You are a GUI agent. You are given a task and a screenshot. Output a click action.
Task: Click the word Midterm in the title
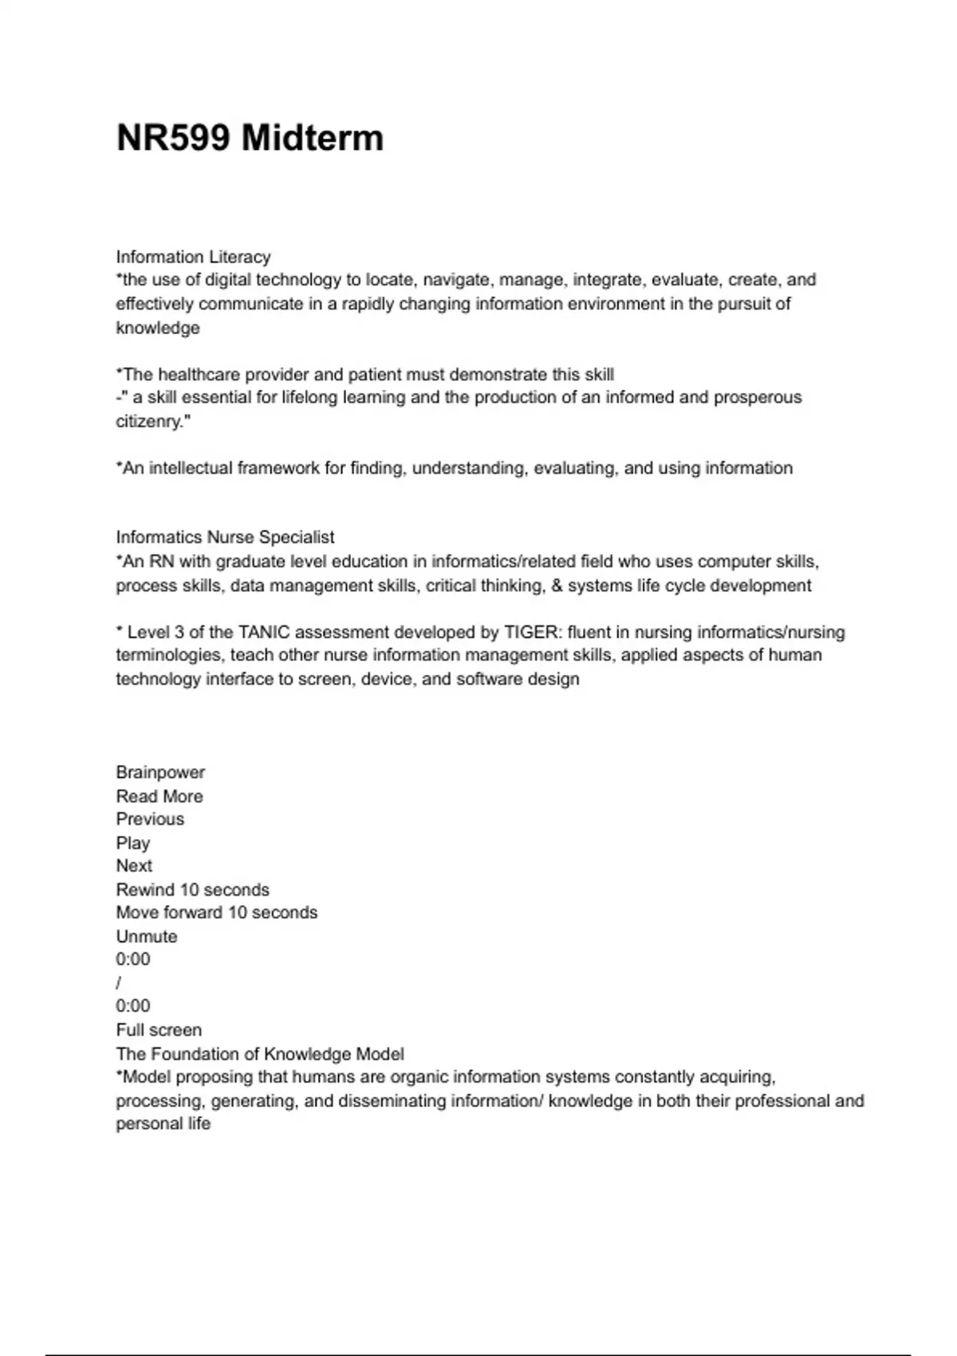click(312, 138)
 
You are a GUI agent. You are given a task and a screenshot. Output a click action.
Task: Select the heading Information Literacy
click(193, 257)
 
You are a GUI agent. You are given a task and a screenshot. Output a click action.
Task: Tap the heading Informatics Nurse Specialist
click(225, 537)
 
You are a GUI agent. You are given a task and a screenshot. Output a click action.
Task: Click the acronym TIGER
click(531, 632)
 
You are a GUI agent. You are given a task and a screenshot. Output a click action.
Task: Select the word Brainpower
click(160, 772)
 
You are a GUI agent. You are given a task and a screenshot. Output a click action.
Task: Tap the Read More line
click(159, 796)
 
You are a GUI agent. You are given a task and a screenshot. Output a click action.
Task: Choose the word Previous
click(150, 819)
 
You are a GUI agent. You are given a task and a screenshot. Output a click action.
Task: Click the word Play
click(132, 843)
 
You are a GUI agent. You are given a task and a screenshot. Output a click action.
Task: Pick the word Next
click(134, 865)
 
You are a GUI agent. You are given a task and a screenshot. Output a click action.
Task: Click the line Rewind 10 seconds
click(192, 889)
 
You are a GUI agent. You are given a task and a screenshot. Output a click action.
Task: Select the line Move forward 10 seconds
click(216, 913)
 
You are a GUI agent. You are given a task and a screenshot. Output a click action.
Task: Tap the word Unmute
click(147, 936)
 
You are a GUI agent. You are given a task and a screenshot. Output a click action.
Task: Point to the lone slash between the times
click(119, 983)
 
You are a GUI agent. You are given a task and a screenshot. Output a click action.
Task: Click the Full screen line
click(159, 1030)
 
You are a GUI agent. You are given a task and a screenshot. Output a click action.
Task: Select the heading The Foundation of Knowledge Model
click(260, 1054)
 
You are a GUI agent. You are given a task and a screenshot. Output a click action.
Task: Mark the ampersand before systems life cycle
click(557, 585)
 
